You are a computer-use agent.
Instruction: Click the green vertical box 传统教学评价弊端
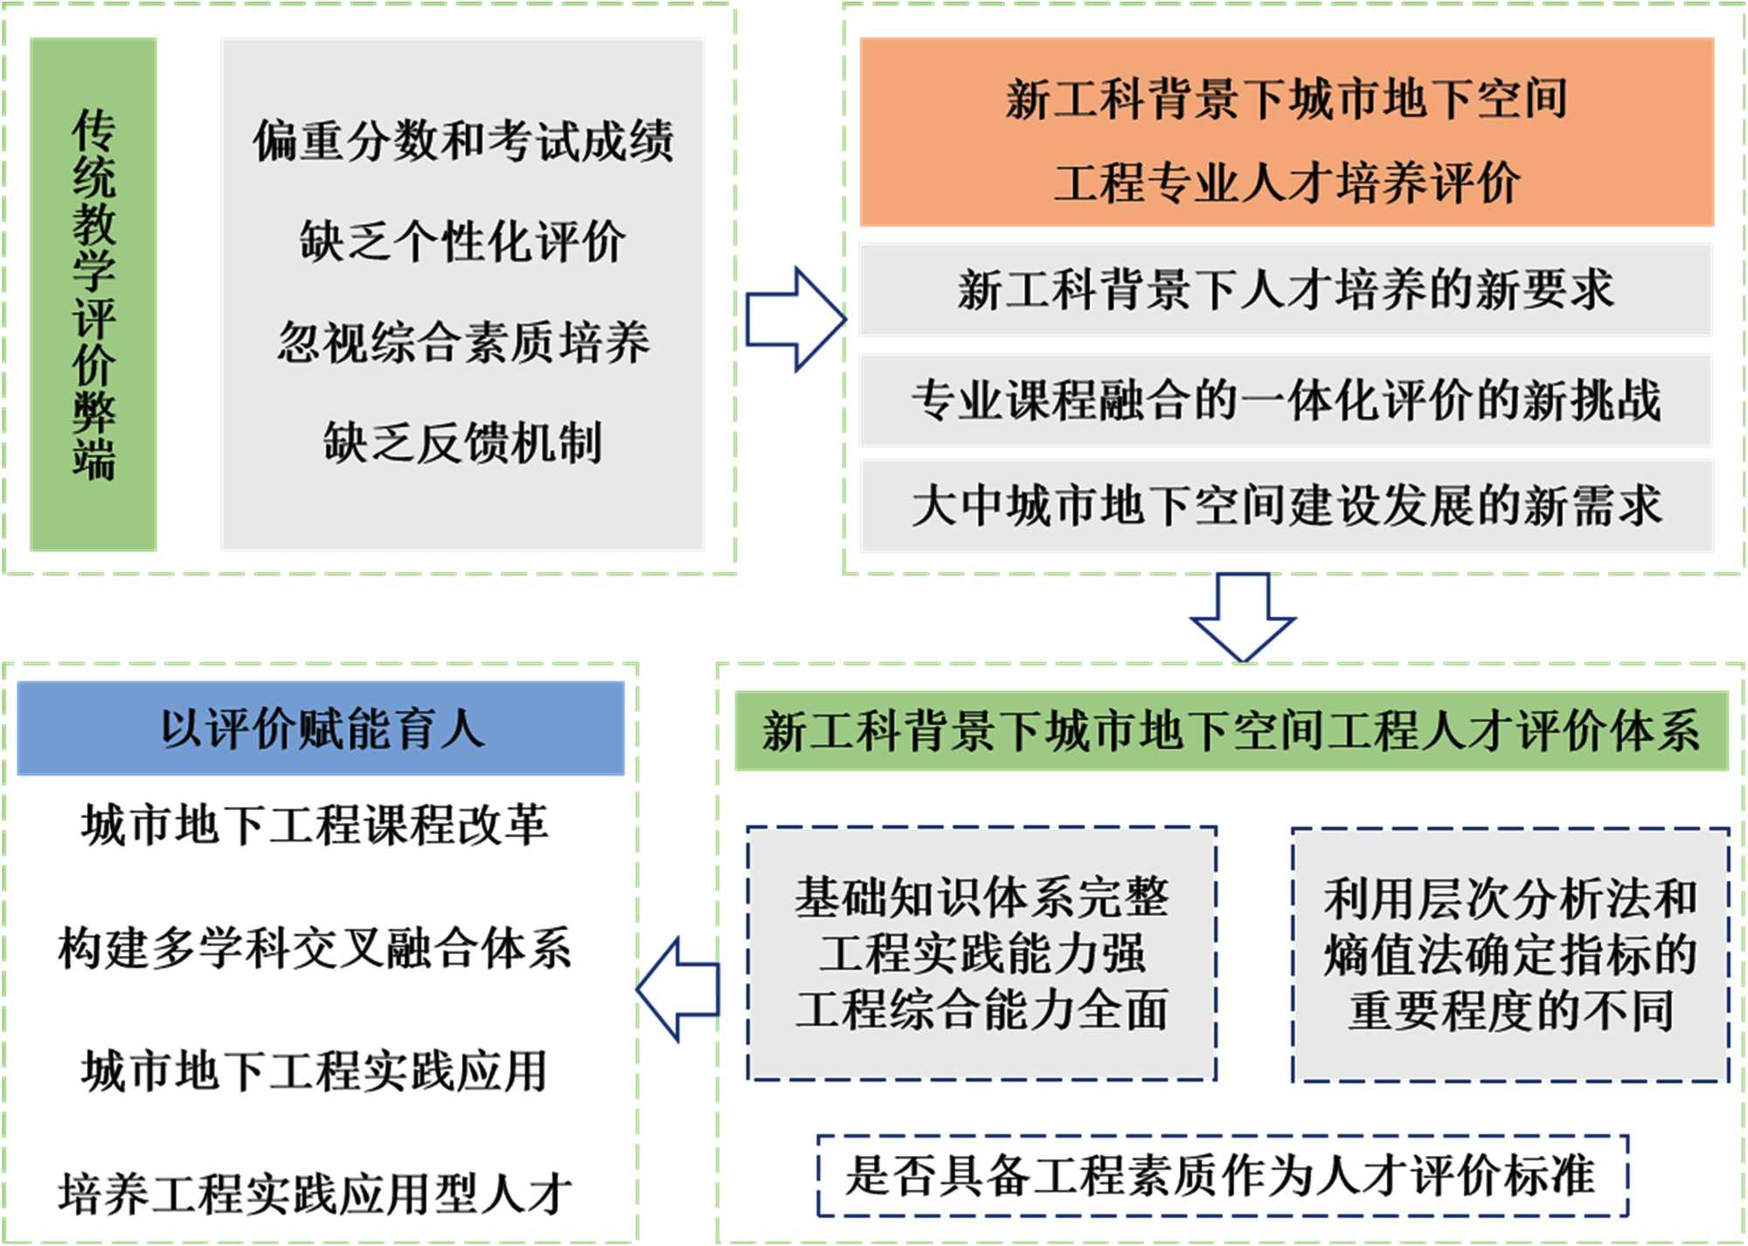(x=94, y=294)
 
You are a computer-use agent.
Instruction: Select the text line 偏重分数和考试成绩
(x=463, y=142)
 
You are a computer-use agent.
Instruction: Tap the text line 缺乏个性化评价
(x=463, y=241)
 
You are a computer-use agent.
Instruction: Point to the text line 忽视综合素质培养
(x=463, y=342)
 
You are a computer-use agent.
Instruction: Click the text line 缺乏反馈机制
(x=463, y=442)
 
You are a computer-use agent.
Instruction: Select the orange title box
(x=1286, y=132)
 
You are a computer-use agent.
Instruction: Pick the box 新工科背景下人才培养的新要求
(x=1286, y=289)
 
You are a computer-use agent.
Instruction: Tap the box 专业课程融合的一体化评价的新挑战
(x=1286, y=400)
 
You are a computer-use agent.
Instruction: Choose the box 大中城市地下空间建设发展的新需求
(x=1286, y=506)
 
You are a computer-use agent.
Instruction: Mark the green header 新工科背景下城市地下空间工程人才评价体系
(x=1231, y=730)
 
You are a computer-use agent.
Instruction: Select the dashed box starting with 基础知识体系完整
(x=982, y=953)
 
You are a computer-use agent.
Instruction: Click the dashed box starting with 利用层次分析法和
(x=1510, y=954)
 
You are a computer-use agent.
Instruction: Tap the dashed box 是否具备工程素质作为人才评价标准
(x=1222, y=1175)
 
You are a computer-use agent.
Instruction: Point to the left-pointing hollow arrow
(x=678, y=990)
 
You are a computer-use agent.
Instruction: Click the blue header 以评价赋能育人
(x=321, y=729)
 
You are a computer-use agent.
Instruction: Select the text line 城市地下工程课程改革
(x=315, y=825)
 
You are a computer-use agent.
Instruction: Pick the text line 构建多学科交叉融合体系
(x=315, y=949)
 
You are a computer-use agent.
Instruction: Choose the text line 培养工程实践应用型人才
(x=315, y=1194)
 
